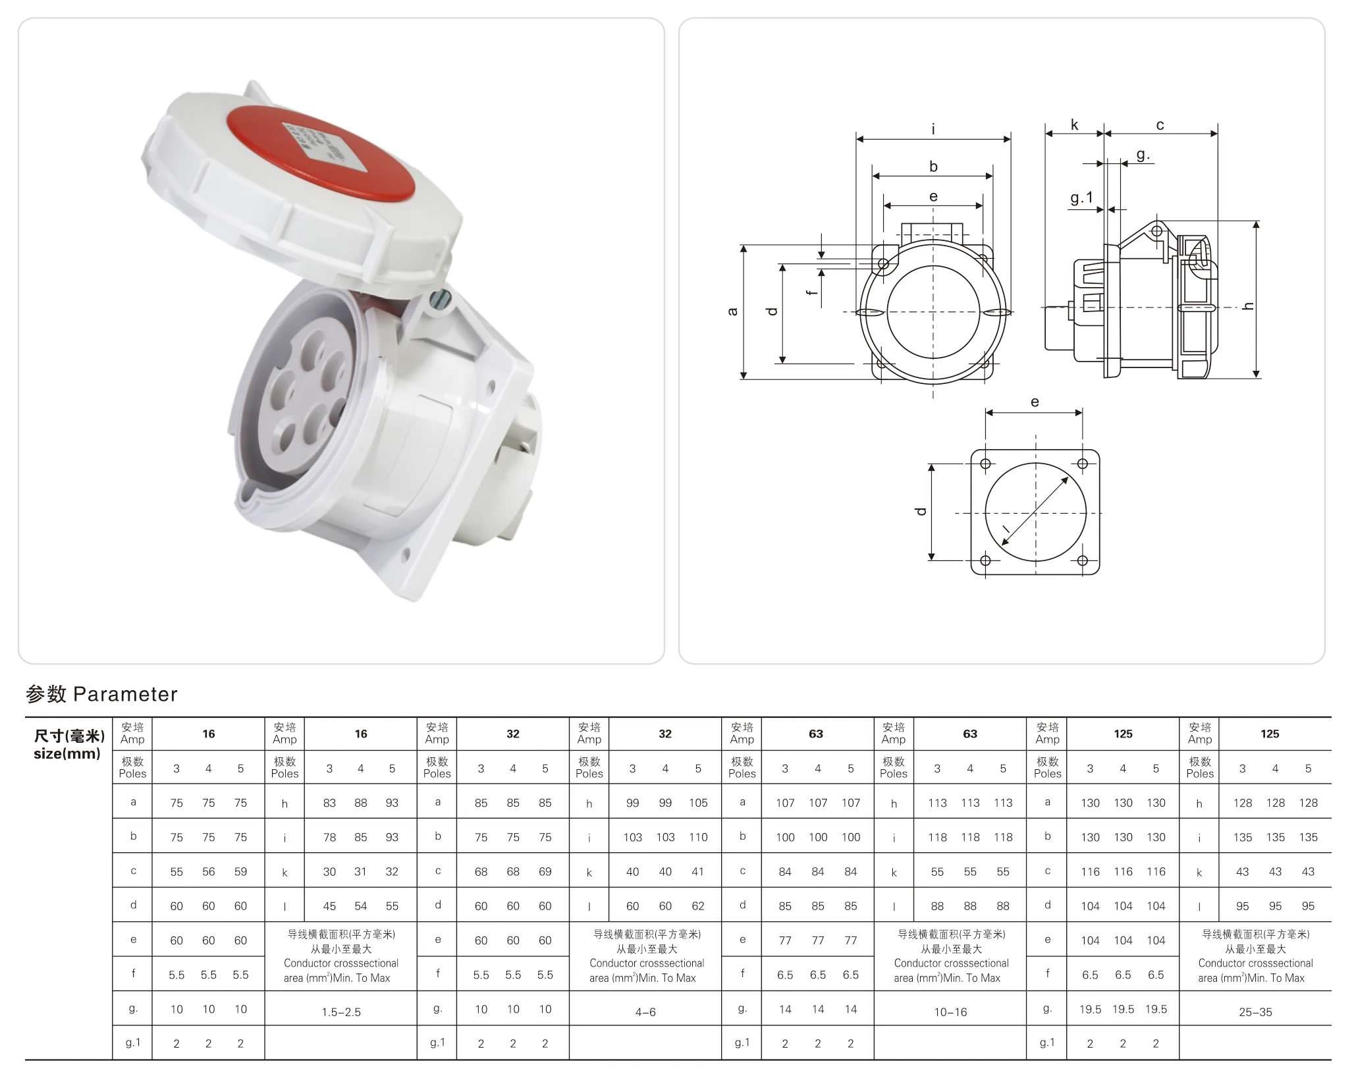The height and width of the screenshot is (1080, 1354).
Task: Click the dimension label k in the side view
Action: pyautogui.click(x=1074, y=124)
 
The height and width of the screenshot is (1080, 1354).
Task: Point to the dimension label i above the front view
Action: pyautogui.click(x=933, y=130)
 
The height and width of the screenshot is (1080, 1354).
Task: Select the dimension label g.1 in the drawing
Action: pyautogui.click(x=1081, y=198)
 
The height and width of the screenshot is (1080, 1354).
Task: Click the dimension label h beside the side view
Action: pyautogui.click(x=1249, y=306)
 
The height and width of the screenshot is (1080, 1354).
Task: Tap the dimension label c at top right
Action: pyautogui.click(x=1160, y=124)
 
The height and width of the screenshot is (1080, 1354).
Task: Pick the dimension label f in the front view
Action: pyautogui.click(x=814, y=288)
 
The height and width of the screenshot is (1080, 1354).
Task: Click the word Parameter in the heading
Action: pyautogui.click(x=125, y=694)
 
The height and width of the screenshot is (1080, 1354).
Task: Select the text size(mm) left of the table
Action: pyautogui.click(x=67, y=753)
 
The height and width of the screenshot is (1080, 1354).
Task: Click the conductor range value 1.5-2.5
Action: pyautogui.click(x=341, y=1012)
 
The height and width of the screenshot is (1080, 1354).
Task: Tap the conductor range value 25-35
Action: pyautogui.click(x=1255, y=1012)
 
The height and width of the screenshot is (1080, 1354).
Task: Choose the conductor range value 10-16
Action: pyautogui.click(x=950, y=1012)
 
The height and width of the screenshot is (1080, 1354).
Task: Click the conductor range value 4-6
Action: pyautogui.click(x=645, y=1012)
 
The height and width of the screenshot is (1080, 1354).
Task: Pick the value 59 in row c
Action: pyautogui.click(x=240, y=872)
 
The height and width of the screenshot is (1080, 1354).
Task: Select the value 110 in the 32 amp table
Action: pyautogui.click(x=698, y=838)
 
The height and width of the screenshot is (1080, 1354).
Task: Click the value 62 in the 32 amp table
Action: pyautogui.click(x=698, y=906)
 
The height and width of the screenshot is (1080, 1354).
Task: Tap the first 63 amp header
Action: pyautogui.click(x=816, y=734)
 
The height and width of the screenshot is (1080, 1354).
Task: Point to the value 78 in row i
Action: pyautogui.click(x=329, y=838)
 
